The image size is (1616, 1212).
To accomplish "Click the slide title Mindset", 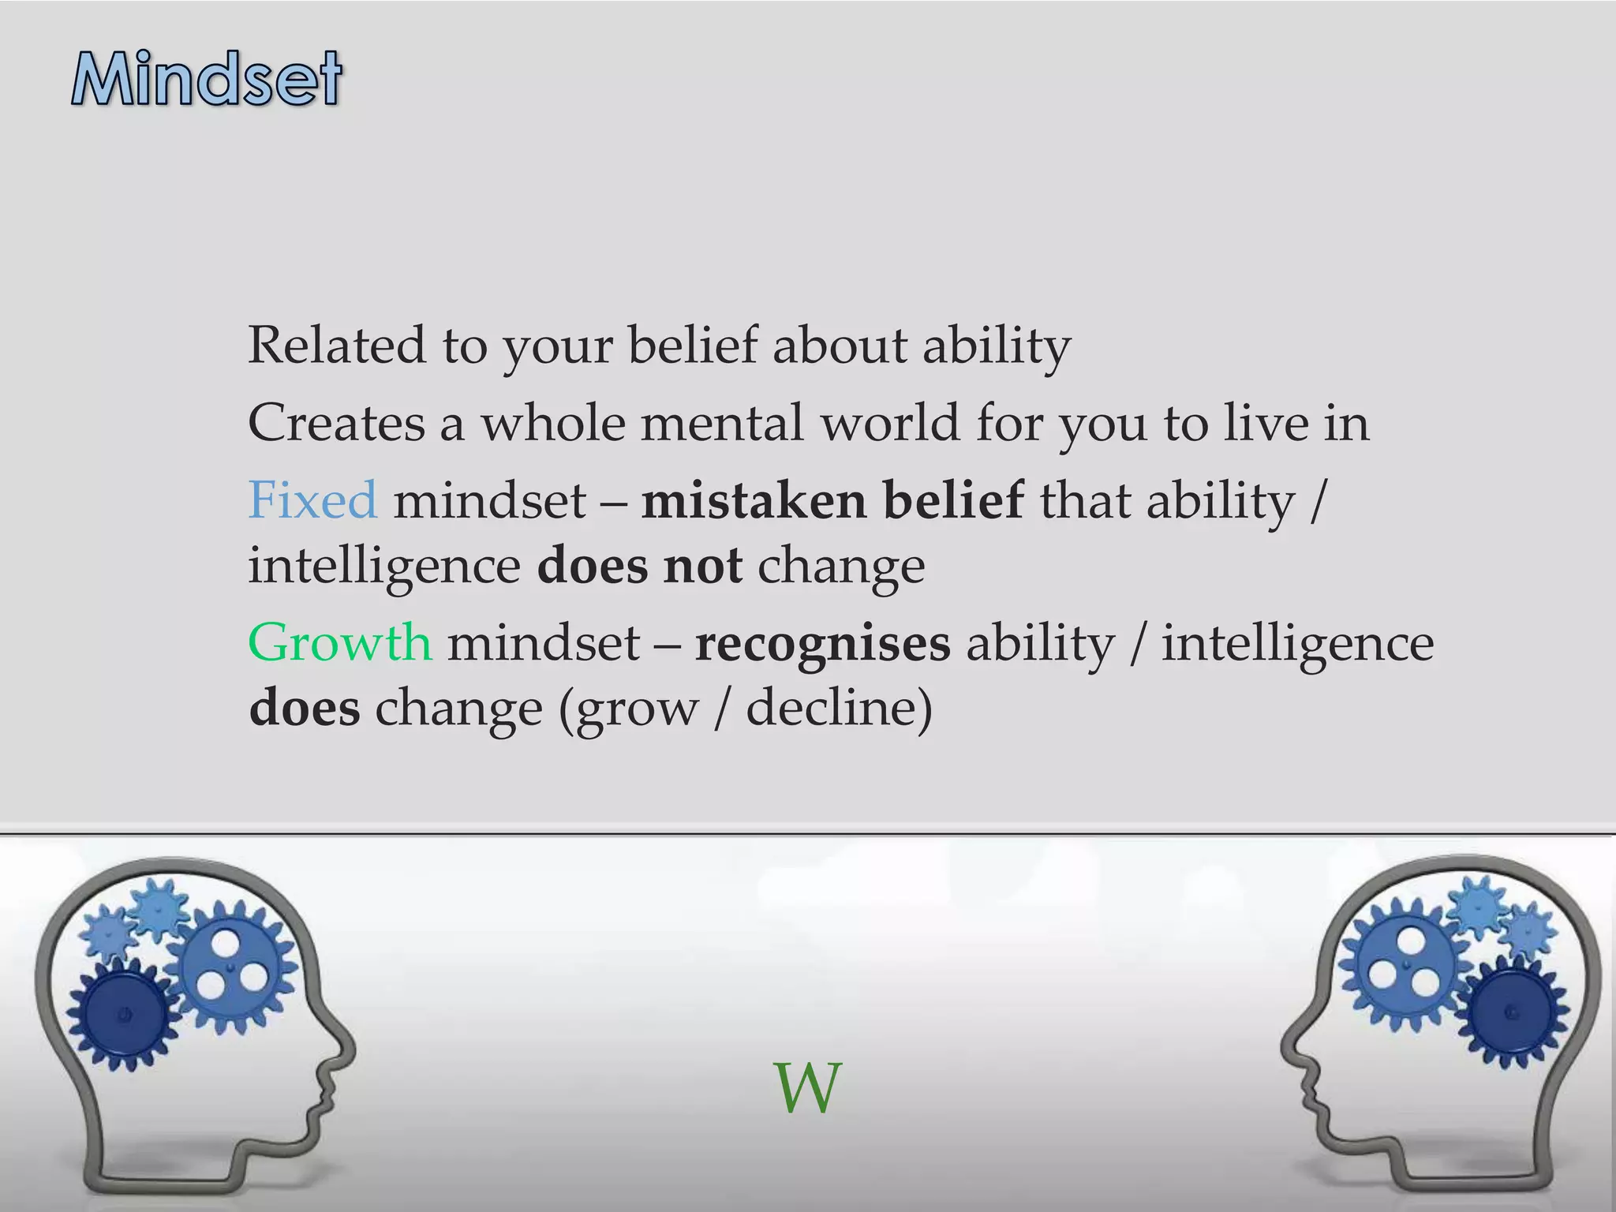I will (207, 79).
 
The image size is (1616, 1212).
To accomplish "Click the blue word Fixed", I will (312, 500).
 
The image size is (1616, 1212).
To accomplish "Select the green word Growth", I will (339, 642).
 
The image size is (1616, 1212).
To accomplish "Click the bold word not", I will (702, 566).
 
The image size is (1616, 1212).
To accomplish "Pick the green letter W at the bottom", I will (806, 1089).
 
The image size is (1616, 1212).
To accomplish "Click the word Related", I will (337, 346).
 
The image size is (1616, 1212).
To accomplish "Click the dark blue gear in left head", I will (122, 1014).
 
